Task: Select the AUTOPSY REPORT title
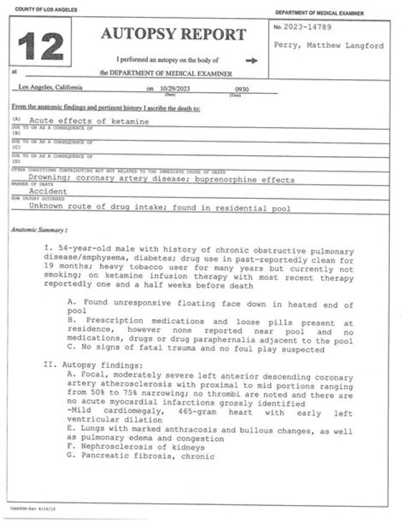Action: [x=173, y=34]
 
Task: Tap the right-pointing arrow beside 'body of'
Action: [x=251, y=61]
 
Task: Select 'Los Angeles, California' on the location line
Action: [x=50, y=87]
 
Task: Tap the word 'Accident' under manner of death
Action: [x=48, y=191]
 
